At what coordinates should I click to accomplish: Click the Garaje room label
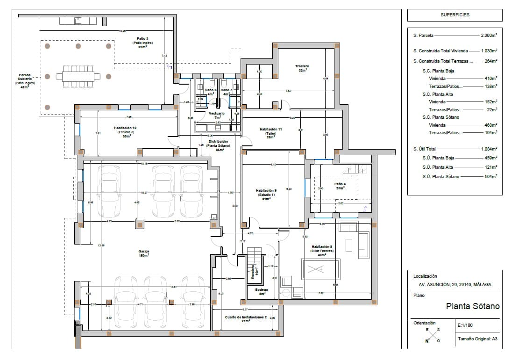pyautogui.click(x=143, y=253)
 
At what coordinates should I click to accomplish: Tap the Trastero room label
pyautogui.click(x=302, y=68)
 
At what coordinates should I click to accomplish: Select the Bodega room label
pyautogui.click(x=262, y=291)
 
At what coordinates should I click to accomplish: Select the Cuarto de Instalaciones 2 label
pyautogui.click(x=245, y=319)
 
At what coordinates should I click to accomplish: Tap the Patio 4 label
pyautogui.click(x=340, y=186)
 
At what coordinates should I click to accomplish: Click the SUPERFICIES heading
pyautogui.click(x=455, y=15)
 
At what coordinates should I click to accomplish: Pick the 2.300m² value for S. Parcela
pyautogui.click(x=489, y=36)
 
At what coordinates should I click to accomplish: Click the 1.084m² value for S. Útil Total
pyautogui.click(x=489, y=149)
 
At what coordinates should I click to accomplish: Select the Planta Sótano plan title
pyautogui.click(x=473, y=307)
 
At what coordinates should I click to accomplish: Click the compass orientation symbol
pyautogui.click(x=433, y=335)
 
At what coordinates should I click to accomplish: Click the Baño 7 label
pyautogui.click(x=227, y=92)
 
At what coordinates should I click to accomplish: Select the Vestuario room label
pyautogui.click(x=217, y=115)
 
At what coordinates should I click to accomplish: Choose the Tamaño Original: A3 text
pyautogui.click(x=474, y=339)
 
